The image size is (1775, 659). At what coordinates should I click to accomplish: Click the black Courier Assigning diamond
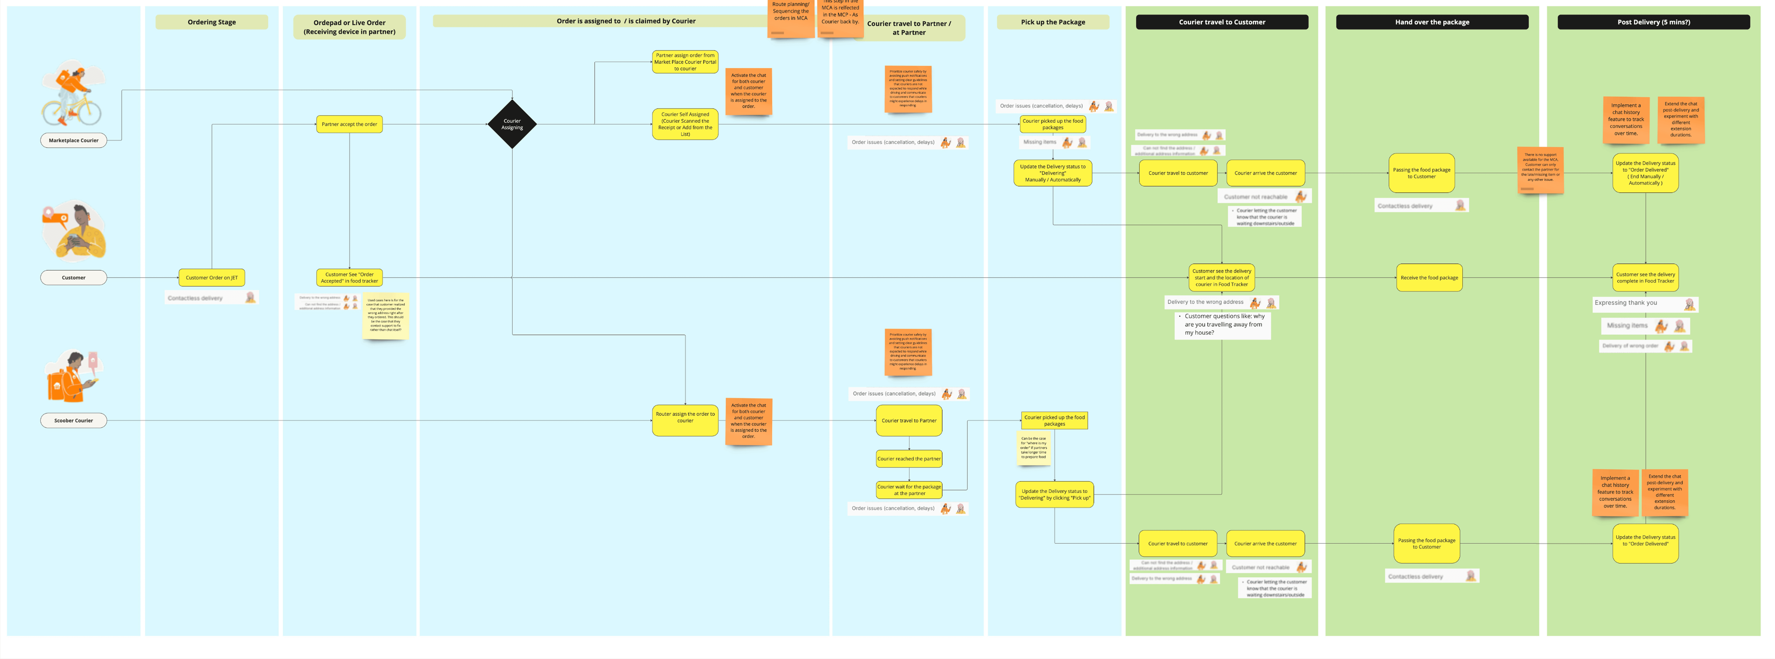(x=512, y=124)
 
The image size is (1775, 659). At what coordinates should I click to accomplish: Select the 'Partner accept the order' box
(x=349, y=124)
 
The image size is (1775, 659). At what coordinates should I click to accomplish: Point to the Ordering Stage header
(x=211, y=22)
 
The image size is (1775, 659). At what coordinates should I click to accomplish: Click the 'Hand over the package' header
(x=1432, y=22)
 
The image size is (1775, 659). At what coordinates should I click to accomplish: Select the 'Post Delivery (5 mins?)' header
(x=1653, y=22)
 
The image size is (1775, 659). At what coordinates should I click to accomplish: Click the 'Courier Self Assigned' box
(x=685, y=124)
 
